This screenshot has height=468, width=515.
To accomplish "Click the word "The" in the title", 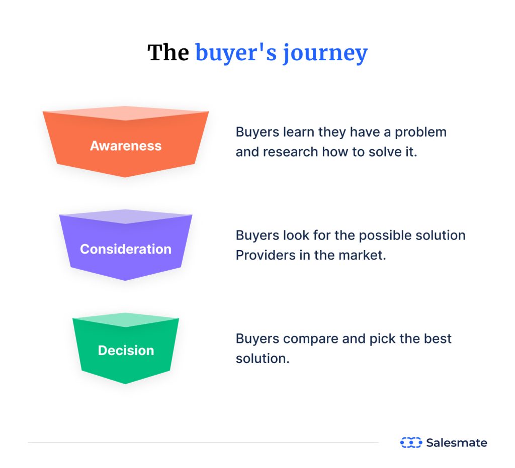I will click(x=168, y=53).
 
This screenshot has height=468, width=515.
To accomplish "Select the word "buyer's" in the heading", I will click(x=236, y=53).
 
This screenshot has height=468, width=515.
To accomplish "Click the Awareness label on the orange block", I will click(x=126, y=146).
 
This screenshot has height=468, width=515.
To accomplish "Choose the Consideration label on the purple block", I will click(x=126, y=249).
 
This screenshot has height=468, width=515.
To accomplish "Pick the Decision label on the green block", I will click(x=126, y=350).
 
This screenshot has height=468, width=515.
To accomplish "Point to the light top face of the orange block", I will click(x=126, y=113).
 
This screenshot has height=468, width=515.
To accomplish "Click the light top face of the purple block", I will click(x=126, y=216).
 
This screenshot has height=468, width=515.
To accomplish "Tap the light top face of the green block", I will click(x=126, y=320).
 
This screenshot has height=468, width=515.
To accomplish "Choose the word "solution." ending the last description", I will click(x=263, y=358).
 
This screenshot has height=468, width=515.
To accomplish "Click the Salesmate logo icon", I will click(x=410, y=442).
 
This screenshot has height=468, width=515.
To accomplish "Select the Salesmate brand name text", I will click(x=456, y=442).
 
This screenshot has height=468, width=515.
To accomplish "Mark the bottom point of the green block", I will click(x=125, y=383).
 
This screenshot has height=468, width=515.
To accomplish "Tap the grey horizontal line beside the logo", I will click(x=201, y=442).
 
